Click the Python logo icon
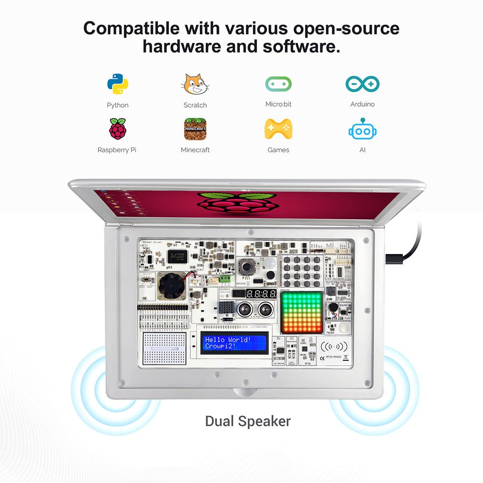(x=118, y=84)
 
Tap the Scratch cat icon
(x=195, y=84)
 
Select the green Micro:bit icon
(x=278, y=84)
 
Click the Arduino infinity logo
(x=362, y=84)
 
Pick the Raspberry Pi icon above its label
(x=117, y=128)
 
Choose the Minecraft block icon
(x=195, y=129)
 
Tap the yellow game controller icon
(x=278, y=129)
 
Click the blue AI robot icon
(x=362, y=129)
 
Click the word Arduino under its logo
(x=362, y=104)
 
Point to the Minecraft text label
(x=195, y=150)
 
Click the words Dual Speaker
(x=248, y=421)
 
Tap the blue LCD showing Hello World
(x=234, y=343)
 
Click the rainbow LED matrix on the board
(x=301, y=312)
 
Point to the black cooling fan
(x=172, y=285)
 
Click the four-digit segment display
(x=261, y=294)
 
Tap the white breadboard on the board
(x=165, y=348)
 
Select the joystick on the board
(x=247, y=266)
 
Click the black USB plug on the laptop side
(x=396, y=258)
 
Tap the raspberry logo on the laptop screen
(x=237, y=203)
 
